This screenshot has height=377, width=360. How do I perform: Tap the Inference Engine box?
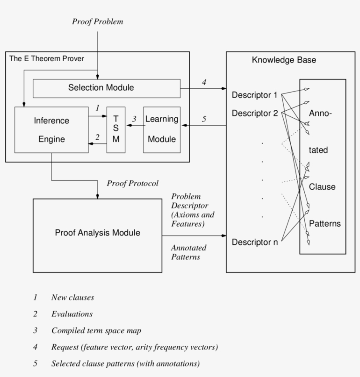point(51,130)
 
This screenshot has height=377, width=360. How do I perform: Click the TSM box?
point(116,130)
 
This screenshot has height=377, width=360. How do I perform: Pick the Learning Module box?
point(162,130)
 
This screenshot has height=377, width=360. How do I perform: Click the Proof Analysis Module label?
point(97,233)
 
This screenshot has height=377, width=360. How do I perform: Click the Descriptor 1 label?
point(255,95)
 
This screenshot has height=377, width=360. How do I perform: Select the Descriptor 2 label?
point(255,113)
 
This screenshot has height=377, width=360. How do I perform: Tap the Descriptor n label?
point(255,242)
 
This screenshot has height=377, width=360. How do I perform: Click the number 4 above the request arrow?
point(204,82)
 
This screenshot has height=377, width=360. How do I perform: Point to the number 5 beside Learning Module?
point(204,119)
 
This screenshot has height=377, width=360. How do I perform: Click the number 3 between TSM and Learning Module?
point(135,119)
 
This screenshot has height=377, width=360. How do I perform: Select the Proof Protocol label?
point(133,183)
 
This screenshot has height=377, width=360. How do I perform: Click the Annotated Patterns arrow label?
point(188,252)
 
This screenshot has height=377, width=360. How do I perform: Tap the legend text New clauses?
point(72,297)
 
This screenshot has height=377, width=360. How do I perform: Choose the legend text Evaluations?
point(72,314)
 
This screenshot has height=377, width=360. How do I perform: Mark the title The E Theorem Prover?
point(47,58)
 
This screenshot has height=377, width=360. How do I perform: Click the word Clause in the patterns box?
point(322,187)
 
